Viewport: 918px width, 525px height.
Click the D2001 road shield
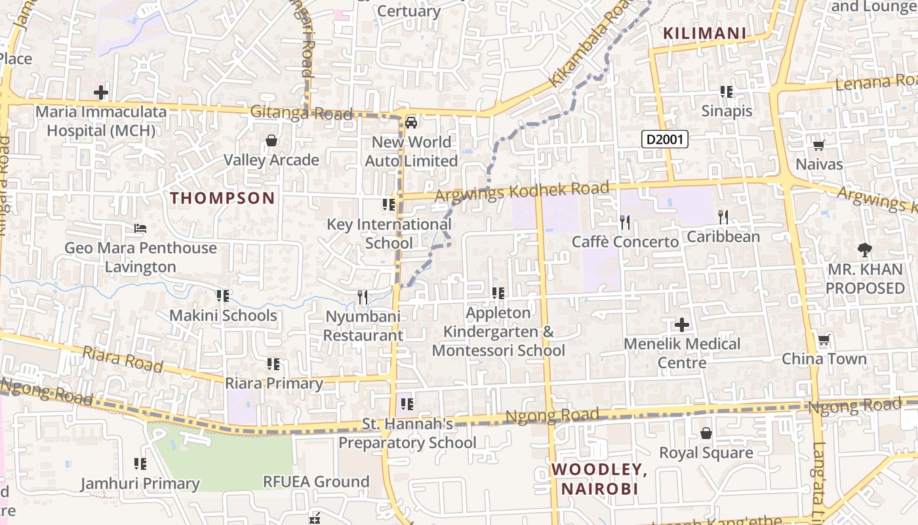coord(665,139)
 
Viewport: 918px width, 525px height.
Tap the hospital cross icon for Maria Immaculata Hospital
coord(101,92)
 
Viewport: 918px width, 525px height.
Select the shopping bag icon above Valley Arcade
coord(271,140)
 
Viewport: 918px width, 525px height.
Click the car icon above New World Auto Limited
coord(411,123)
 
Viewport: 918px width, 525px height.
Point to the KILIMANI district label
coord(704,33)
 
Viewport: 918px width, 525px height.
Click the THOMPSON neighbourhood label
coord(222,198)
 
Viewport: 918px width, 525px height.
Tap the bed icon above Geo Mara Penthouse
coord(140,228)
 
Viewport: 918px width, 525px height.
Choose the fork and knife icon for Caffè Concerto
coord(625,222)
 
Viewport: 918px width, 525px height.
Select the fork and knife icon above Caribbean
coord(723,217)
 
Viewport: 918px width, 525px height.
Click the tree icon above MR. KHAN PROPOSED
coord(865,249)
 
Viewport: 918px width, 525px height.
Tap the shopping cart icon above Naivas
coord(818,145)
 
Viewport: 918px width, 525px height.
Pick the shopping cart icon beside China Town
coord(824,340)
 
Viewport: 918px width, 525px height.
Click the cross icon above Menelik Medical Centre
coord(682,324)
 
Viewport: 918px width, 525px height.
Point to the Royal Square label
coord(706,453)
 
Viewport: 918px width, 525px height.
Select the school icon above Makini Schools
coord(223,296)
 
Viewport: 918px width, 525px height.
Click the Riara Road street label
coord(123,360)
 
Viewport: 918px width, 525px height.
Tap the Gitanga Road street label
coord(301,113)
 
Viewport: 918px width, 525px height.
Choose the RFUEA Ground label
coord(316,482)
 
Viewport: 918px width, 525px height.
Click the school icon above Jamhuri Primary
coord(140,464)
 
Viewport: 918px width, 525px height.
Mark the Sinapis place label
coord(727,111)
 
